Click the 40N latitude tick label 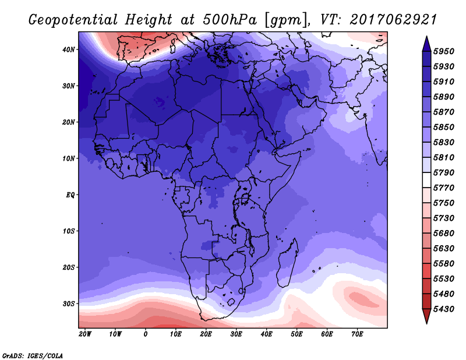pyautogui.click(x=69, y=50)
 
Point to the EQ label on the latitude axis pyautogui.click(x=70, y=195)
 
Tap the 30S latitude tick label pyautogui.click(x=69, y=303)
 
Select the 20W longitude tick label pyautogui.click(x=85, y=334)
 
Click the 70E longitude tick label pyautogui.click(x=358, y=334)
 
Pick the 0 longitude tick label pyautogui.click(x=146, y=334)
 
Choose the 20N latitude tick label pyautogui.click(x=69, y=122)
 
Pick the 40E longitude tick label pyautogui.click(x=267, y=334)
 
